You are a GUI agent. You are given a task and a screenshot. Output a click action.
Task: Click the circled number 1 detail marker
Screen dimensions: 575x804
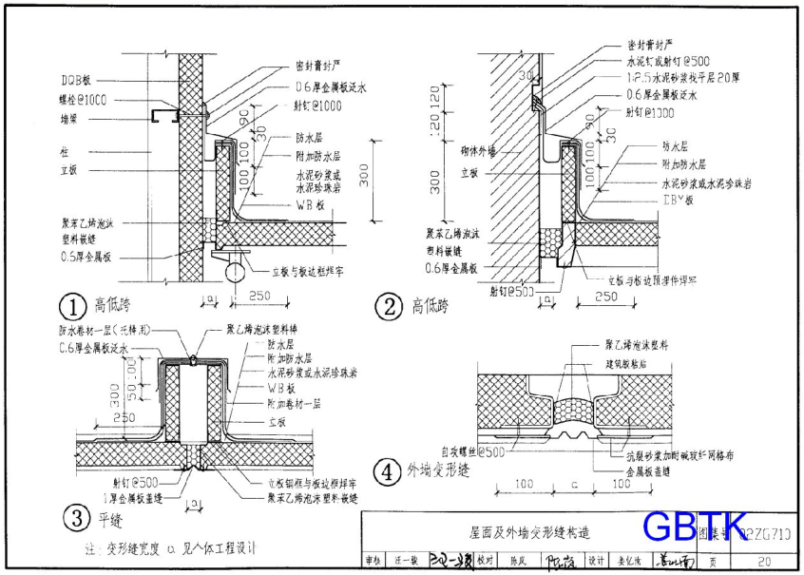click(73, 306)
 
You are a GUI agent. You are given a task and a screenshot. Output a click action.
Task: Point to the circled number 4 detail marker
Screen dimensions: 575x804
click(387, 470)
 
